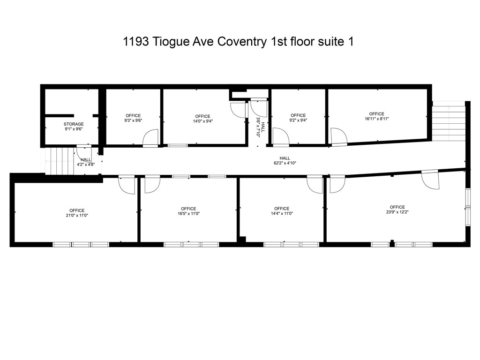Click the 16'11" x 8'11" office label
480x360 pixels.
376,116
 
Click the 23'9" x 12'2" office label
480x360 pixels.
397,210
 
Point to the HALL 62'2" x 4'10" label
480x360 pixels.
285,161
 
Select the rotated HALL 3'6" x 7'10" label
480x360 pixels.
260,127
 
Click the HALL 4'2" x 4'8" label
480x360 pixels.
85,162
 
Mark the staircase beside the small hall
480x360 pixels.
59,161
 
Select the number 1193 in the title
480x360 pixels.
133,41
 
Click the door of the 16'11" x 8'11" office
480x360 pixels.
338,137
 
